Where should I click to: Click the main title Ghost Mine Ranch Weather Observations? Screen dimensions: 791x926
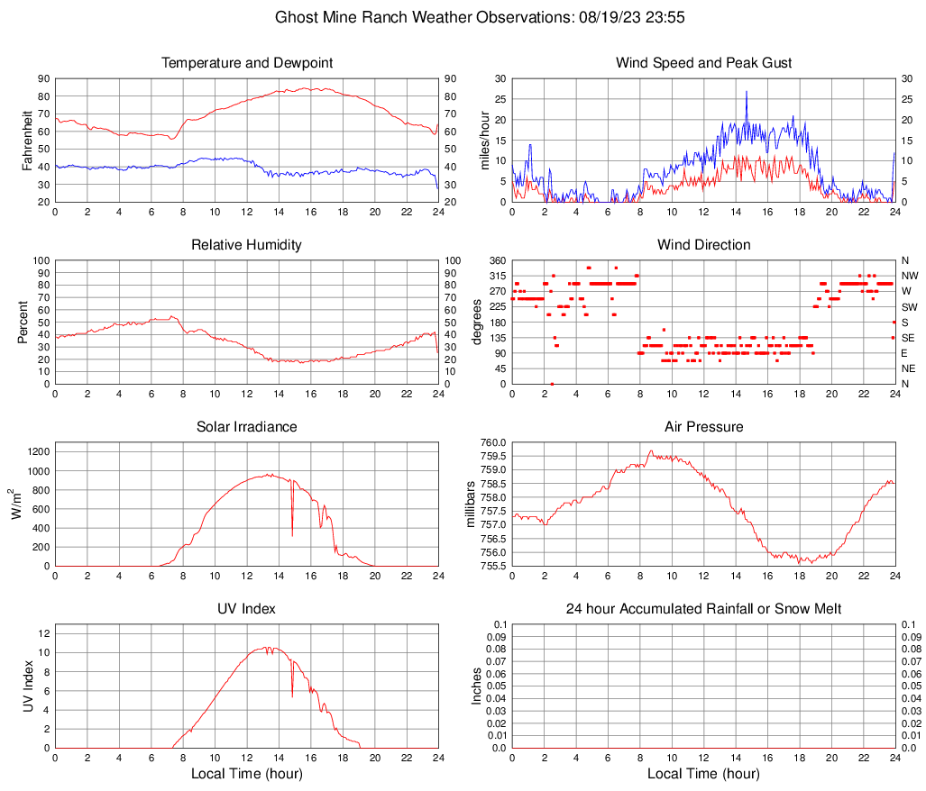tap(462, 17)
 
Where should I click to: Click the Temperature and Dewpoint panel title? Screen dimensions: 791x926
tap(247, 63)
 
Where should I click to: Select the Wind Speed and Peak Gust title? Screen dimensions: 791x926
tap(703, 63)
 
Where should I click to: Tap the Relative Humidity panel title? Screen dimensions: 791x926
tap(247, 245)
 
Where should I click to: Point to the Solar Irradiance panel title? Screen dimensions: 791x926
tap(247, 427)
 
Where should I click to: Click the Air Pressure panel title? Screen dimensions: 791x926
tap(703, 427)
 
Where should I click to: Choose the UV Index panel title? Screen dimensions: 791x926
tap(247, 609)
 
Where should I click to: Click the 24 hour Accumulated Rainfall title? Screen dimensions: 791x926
tap(703, 609)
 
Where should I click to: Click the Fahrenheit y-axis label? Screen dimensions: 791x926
tap(26, 141)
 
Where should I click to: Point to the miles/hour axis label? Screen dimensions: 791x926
tap(483, 141)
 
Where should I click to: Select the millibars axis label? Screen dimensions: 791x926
tap(471, 505)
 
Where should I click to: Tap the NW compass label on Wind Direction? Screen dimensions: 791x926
tap(910, 276)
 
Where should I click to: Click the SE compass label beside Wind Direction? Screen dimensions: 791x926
tap(909, 338)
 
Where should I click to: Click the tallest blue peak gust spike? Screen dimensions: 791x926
tap(747, 93)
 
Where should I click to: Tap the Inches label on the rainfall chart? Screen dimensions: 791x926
tap(477, 686)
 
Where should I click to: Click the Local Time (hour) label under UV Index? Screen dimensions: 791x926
tap(247, 774)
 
